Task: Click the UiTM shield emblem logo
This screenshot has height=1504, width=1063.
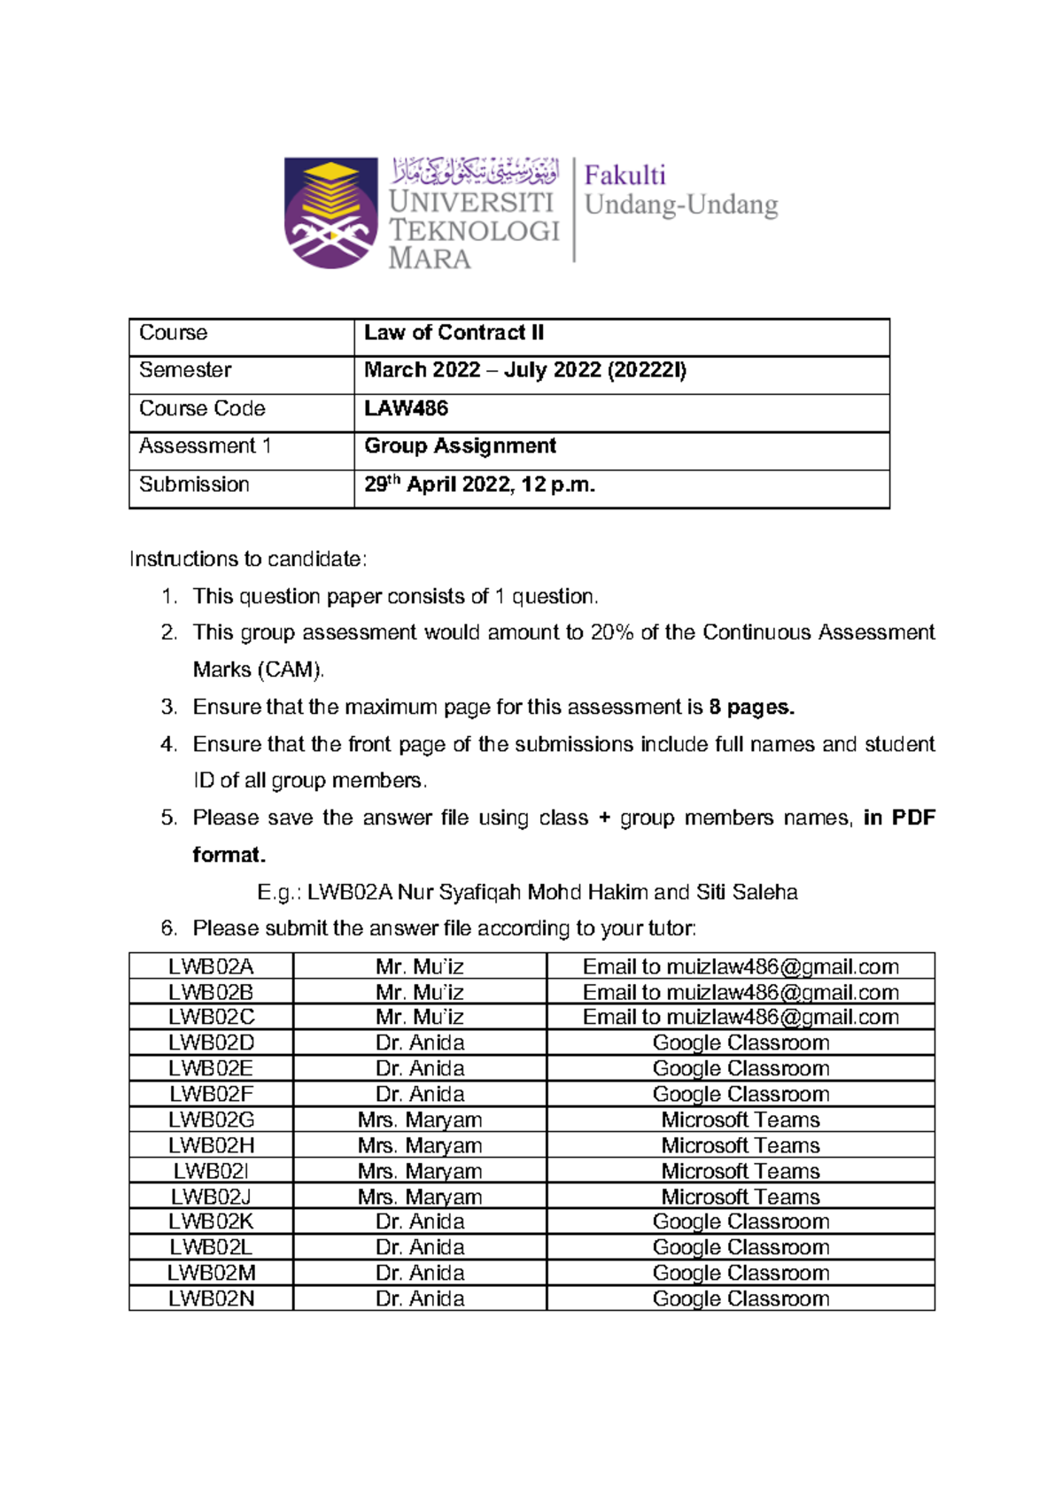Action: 331,213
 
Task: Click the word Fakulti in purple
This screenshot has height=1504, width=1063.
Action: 625,174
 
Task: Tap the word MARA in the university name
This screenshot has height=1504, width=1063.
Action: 430,259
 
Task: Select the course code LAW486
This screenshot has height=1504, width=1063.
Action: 406,408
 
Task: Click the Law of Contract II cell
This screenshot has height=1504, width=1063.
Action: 454,333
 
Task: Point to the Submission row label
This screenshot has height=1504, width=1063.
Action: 194,485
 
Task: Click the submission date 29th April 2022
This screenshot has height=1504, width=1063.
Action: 438,485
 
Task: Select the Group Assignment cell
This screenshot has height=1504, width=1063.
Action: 460,446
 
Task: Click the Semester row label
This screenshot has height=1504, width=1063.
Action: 185,370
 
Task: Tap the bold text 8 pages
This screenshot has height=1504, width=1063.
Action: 751,707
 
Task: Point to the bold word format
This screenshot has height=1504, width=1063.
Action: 229,855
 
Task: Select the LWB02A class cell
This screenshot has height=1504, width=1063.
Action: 211,966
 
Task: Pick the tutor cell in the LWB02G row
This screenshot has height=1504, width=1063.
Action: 420,1120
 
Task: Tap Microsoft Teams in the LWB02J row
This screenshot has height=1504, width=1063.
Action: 741,1197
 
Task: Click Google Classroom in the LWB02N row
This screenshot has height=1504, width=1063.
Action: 741,1299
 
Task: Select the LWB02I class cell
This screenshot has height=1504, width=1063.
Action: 211,1171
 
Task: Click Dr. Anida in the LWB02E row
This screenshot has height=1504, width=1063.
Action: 420,1068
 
